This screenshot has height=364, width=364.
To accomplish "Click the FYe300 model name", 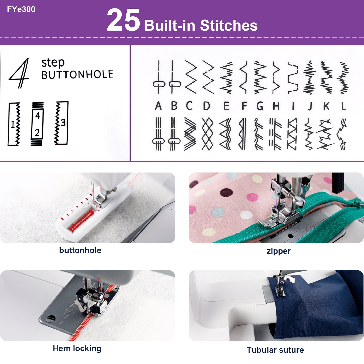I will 21,9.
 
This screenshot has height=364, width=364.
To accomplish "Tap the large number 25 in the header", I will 123,20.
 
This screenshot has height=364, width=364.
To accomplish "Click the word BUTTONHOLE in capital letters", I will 77,75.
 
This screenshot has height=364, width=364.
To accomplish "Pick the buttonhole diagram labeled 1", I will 14,124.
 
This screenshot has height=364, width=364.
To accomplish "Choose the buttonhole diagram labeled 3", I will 61,123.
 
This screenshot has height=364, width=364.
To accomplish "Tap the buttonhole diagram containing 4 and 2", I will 37,124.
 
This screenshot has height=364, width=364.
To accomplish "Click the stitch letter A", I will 158,106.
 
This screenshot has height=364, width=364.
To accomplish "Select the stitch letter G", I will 260,106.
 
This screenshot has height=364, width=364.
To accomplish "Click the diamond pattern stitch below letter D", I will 207,134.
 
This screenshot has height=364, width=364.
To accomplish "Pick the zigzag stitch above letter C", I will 191,77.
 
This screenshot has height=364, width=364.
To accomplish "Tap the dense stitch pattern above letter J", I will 309,78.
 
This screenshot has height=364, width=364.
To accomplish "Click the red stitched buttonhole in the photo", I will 82,221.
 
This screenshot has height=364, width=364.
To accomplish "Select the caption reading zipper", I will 278,251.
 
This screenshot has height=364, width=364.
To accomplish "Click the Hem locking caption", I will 77,348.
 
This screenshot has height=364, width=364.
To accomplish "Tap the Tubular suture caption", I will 275,350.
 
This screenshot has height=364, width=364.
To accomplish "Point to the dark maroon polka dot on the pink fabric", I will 226,193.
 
